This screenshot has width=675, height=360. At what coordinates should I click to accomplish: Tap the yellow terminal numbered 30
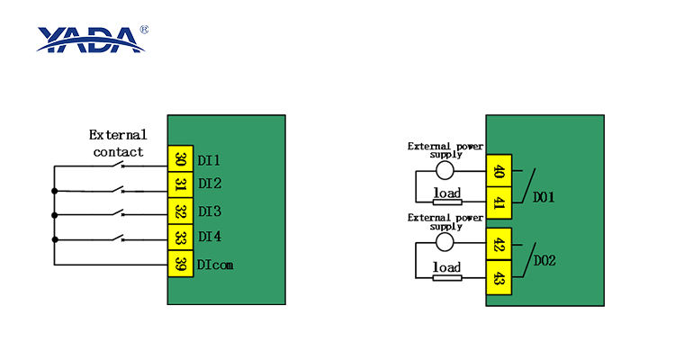[181, 159]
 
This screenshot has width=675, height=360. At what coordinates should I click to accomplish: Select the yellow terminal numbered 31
[181, 185]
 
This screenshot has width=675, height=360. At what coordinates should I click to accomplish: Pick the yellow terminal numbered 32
[181, 212]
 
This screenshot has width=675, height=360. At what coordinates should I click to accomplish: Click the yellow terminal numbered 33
[181, 238]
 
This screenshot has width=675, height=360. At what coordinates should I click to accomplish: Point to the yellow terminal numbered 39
[181, 265]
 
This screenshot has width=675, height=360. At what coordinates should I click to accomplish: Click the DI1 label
[210, 160]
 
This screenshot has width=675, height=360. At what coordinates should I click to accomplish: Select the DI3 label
[210, 212]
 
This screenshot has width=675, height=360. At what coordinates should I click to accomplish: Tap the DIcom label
[216, 265]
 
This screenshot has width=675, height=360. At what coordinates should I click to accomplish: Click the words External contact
[117, 143]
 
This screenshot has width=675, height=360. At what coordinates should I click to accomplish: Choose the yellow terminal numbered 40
[498, 171]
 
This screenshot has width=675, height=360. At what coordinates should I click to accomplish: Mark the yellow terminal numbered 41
[498, 202]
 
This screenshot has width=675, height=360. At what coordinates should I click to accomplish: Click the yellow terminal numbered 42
[498, 245]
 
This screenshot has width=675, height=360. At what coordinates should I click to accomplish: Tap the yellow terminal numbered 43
[498, 277]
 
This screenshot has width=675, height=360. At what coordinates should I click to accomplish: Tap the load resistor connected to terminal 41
[447, 202]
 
